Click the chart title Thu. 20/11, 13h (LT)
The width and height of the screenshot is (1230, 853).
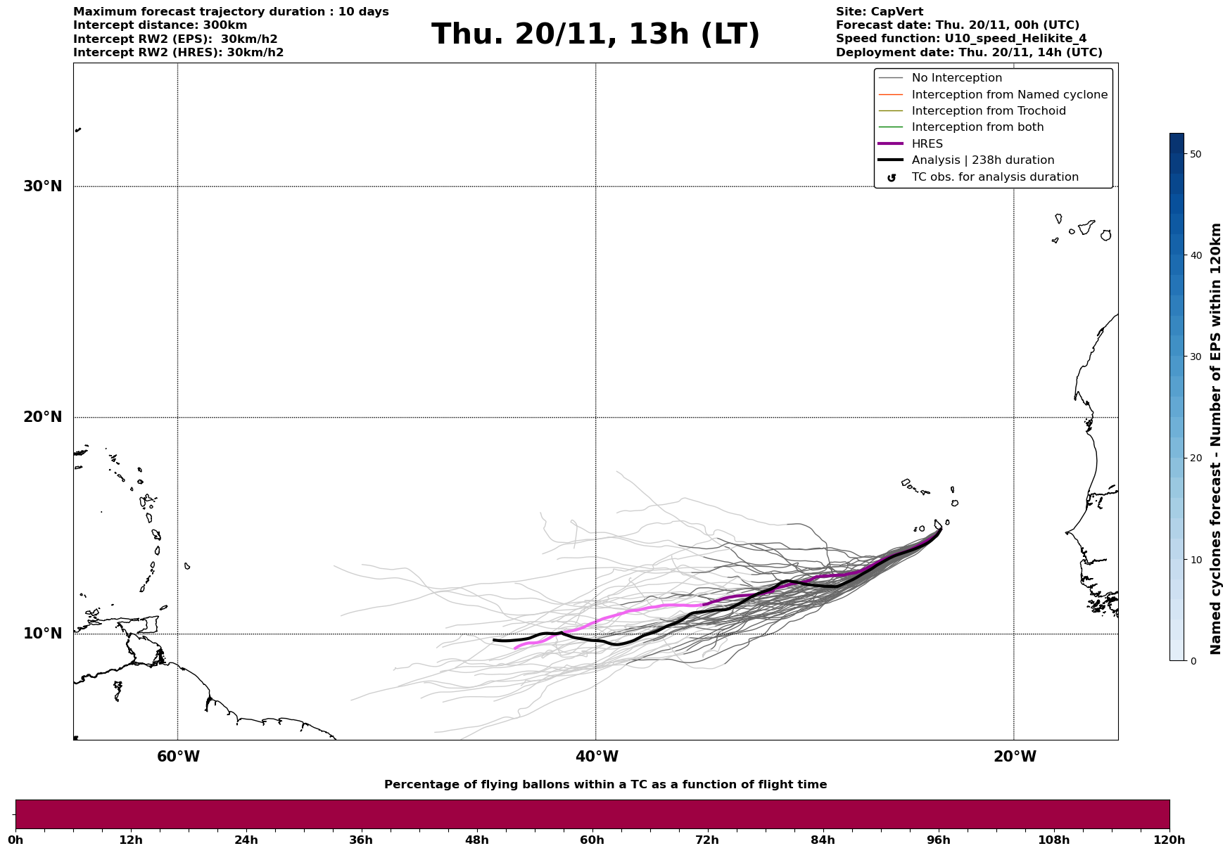coord(595,34)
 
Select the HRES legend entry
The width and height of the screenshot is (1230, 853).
coord(927,144)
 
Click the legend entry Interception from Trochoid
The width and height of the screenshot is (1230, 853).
coord(988,111)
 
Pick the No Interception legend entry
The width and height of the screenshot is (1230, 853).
coord(956,78)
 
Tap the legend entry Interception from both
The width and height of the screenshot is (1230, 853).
coord(977,127)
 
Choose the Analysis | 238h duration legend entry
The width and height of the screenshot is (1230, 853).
coord(982,160)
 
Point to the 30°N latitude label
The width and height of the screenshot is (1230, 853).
coord(42,186)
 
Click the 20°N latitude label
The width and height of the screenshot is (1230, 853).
coord(42,417)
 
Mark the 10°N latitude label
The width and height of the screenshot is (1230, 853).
coord(42,634)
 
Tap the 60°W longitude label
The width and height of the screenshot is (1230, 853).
coord(178,757)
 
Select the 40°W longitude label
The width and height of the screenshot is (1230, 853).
coord(597,757)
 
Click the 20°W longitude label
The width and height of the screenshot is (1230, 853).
coord(1015,757)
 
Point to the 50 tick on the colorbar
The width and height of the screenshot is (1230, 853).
coord(1196,154)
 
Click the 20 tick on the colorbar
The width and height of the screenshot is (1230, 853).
coord(1196,458)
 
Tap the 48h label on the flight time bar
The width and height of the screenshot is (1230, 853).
coord(476,840)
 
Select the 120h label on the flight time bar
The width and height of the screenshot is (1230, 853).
coord(1169,840)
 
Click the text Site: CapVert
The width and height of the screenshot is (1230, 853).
coord(879,12)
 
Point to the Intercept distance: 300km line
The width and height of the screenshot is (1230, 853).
coord(160,25)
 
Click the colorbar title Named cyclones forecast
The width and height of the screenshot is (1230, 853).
coord(1216,439)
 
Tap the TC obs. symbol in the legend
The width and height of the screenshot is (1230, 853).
coord(892,178)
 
